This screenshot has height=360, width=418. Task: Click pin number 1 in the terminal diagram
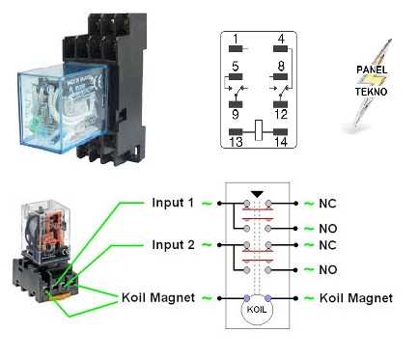coord(236,40)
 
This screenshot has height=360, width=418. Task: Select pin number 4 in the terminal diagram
coord(281,40)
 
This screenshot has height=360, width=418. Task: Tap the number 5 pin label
coord(236,67)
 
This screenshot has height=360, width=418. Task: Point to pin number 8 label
coord(281,67)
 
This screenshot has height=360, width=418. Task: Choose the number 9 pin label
coord(236,114)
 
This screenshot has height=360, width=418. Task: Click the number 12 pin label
coord(281,114)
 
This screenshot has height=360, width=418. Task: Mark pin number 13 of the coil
coord(236,142)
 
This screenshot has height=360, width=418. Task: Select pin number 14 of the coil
coord(281,142)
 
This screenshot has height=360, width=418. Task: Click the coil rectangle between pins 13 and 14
coord(259,130)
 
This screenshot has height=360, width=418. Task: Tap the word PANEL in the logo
coord(372,69)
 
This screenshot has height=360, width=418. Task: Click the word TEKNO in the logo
coord(371,92)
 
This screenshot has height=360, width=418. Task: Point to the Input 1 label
coord(173,203)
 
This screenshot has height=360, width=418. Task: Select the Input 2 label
coord(173,245)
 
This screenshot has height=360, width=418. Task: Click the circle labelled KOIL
coord(257,310)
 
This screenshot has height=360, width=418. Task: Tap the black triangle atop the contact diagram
coord(258,195)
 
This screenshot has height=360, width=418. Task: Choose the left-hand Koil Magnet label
coord(158,297)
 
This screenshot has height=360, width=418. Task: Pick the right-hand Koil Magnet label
coord(356,298)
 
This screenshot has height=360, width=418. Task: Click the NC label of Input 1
coord(327,204)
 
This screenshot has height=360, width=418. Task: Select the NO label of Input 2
coord(328,269)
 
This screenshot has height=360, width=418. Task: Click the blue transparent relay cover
coord(61,106)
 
